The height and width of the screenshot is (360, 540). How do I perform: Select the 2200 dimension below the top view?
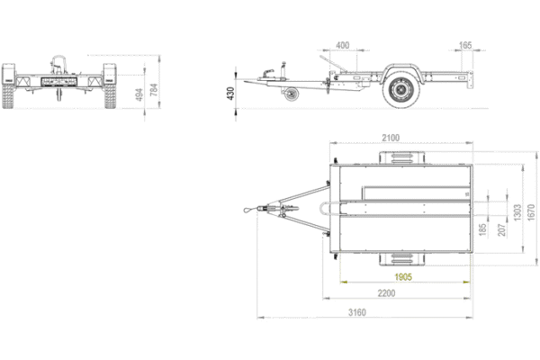tap(387, 293)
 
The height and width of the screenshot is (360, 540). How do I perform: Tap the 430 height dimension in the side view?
tap(230, 93)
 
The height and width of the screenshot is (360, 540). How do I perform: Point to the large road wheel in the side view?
tap(400, 90)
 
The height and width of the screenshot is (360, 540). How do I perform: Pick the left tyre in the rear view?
tap(10, 85)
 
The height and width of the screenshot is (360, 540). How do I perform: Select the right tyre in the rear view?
tap(111, 85)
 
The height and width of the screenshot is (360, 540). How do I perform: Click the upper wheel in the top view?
tap(401, 159)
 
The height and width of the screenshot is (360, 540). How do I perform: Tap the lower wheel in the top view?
tap(400, 258)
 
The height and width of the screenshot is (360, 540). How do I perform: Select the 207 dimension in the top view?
tap(501, 230)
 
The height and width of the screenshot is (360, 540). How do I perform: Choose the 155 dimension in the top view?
tap(483, 230)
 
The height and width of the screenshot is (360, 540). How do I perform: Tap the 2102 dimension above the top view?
tap(391, 138)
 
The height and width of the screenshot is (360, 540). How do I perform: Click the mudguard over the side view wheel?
tap(400, 71)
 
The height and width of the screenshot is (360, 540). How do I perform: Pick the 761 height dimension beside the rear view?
tap(154, 90)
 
